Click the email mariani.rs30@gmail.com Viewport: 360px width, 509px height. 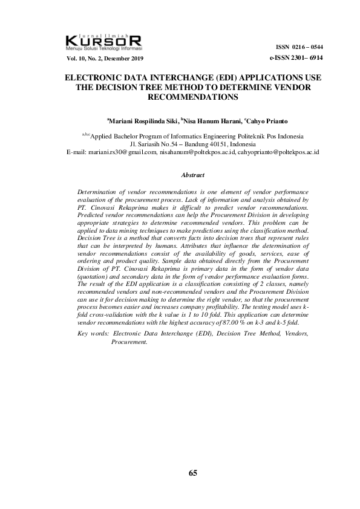tap(120, 152)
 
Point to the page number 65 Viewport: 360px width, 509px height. tap(193, 473)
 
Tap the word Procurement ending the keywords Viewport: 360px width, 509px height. tap(129, 342)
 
